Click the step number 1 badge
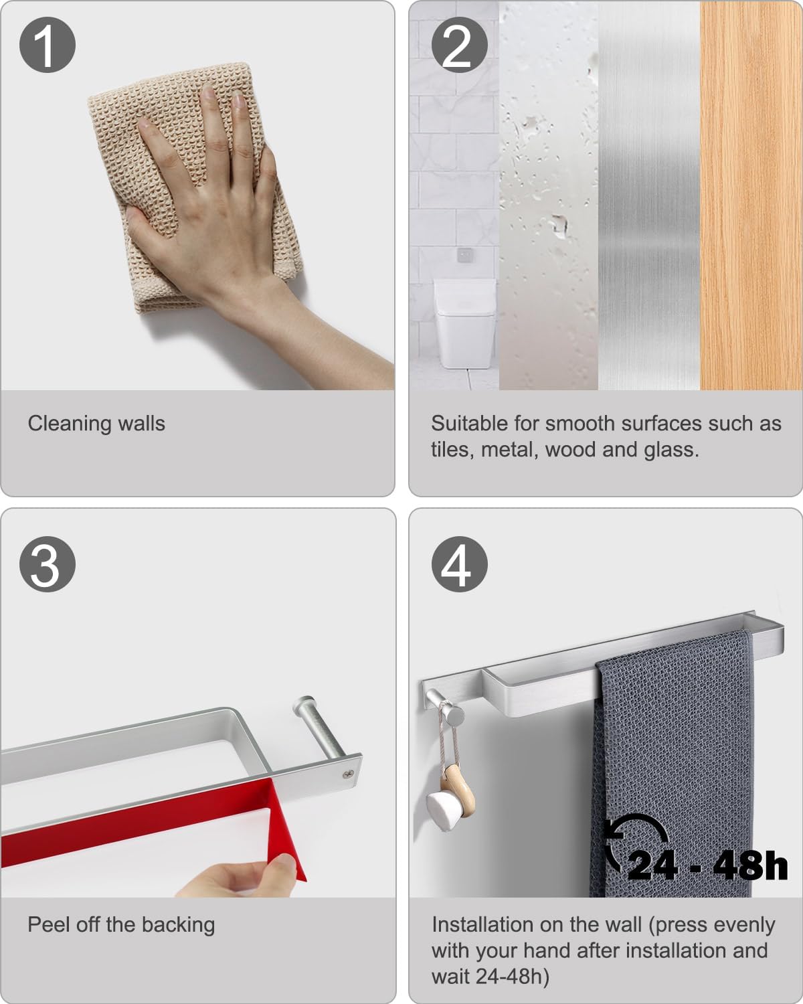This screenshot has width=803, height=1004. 47,45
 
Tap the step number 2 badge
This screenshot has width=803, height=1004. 459,45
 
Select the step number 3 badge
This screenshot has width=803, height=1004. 47,564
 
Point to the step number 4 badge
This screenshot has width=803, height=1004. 459,564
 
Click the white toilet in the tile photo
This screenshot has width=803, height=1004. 464,323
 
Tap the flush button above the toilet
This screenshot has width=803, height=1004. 464,255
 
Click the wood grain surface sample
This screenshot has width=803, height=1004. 751,195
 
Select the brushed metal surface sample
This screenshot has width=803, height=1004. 649,195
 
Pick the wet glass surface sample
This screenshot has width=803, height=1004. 549,195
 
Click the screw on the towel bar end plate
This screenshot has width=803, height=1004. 347,774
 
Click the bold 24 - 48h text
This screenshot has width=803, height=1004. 707,865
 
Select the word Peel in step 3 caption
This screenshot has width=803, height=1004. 49,924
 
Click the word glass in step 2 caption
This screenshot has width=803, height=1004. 671,450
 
